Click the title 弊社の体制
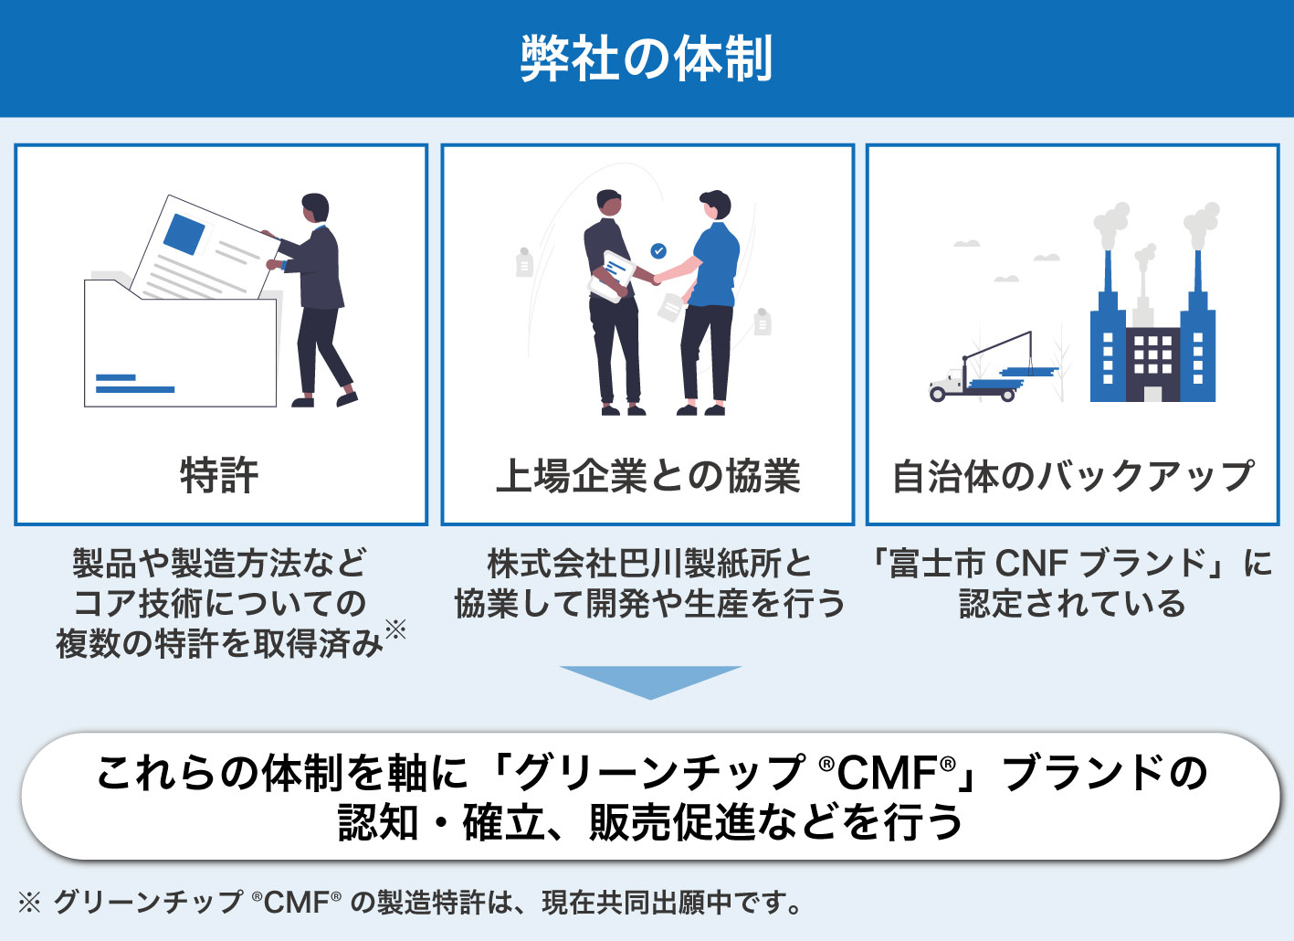point(647,58)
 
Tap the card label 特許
point(220,476)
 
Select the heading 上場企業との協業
point(647,476)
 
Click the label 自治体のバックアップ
point(1072,476)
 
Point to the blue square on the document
point(184,234)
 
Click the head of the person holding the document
point(315,206)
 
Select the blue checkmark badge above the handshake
point(658,250)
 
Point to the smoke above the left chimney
point(1110,223)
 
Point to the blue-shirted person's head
point(715,206)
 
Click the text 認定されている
point(1072,604)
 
